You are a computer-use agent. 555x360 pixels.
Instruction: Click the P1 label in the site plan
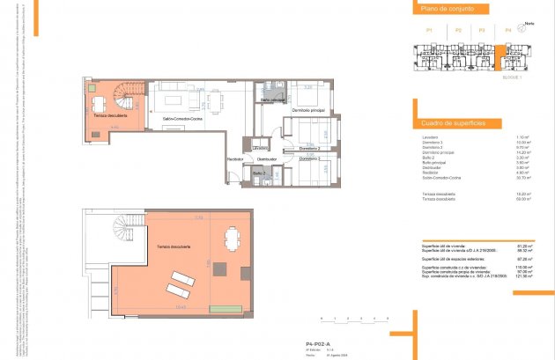click(x=429, y=31)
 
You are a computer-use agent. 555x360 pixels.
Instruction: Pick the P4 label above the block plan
click(x=508, y=31)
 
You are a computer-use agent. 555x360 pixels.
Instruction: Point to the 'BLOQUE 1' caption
click(x=513, y=77)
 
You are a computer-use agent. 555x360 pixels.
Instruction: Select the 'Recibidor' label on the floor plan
click(x=234, y=158)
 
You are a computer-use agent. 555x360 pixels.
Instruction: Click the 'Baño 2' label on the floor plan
click(x=259, y=173)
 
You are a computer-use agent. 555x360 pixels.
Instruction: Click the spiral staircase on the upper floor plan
click(x=129, y=90)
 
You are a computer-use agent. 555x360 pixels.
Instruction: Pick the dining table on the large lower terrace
click(x=233, y=239)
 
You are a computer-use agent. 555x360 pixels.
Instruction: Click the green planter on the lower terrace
click(x=226, y=307)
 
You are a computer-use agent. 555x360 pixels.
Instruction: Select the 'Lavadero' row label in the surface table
click(x=430, y=138)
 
